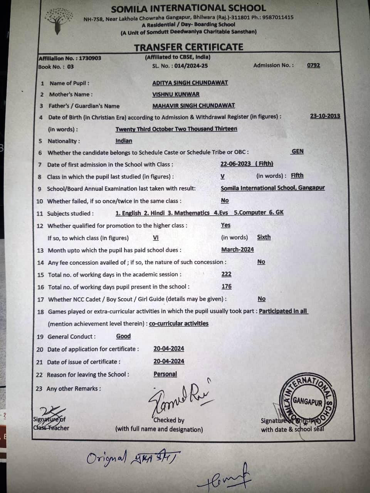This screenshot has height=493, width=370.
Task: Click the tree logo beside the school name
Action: pyautogui.click(x=58, y=22)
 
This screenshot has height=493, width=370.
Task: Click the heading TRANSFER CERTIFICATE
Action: pyautogui.click(x=188, y=47)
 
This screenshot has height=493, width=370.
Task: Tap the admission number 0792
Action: pyautogui.click(x=313, y=65)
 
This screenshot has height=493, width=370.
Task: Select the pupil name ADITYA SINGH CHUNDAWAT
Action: pyautogui.click(x=190, y=82)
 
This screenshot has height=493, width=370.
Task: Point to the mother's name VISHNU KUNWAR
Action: pyautogui.click(x=176, y=94)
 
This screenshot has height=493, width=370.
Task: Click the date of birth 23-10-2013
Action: pyautogui.click(x=325, y=116)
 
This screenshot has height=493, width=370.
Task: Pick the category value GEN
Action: pyautogui.click(x=297, y=151)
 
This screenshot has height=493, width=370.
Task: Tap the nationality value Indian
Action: pyautogui.click(x=124, y=141)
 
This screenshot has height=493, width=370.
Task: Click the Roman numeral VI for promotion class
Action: pyautogui.click(x=156, y=238)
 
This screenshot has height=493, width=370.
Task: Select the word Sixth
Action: pyautogui.click(x=264, y=237)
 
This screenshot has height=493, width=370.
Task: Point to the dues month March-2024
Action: pyautogui.click(x=237, y=249)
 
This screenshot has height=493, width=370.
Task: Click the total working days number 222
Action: pyautogui.click(x=226, y=274)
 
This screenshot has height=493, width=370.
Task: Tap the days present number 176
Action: pyautogui.click(x=226, y=286)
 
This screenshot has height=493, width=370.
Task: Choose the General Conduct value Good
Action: pyautogui.click(x=123, y=336)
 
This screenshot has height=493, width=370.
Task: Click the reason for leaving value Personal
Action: pyautogui.click(x=165, y=374)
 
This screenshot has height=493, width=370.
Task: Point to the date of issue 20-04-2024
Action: pyautogui.click(x=168, y=361)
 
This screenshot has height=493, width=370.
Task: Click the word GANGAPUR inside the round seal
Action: pyautogui.click(x=307, y=401)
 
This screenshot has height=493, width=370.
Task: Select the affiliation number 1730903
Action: pyautogui.click(x=90, y=58)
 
